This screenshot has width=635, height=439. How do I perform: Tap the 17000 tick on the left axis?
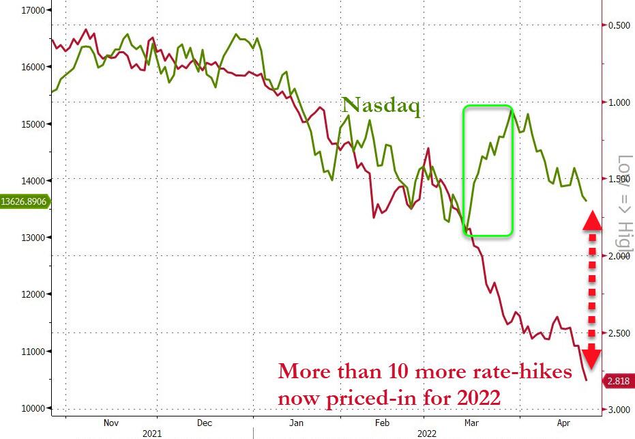[28, 10]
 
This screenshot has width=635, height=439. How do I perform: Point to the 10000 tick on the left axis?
[28, 408]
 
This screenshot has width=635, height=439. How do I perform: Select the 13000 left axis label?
[28, 238]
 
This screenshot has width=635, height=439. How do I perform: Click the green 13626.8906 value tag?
[24, 201]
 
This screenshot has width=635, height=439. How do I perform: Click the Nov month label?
[111, 423]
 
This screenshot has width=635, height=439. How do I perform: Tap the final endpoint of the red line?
[587, 380]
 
